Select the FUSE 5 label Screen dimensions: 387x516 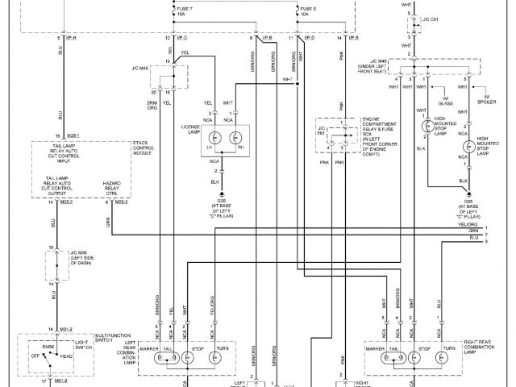[310, 10]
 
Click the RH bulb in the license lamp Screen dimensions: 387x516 [237, 136]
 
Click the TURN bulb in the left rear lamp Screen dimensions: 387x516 [215, 358]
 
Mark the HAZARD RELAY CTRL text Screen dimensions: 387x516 [113, 189]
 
